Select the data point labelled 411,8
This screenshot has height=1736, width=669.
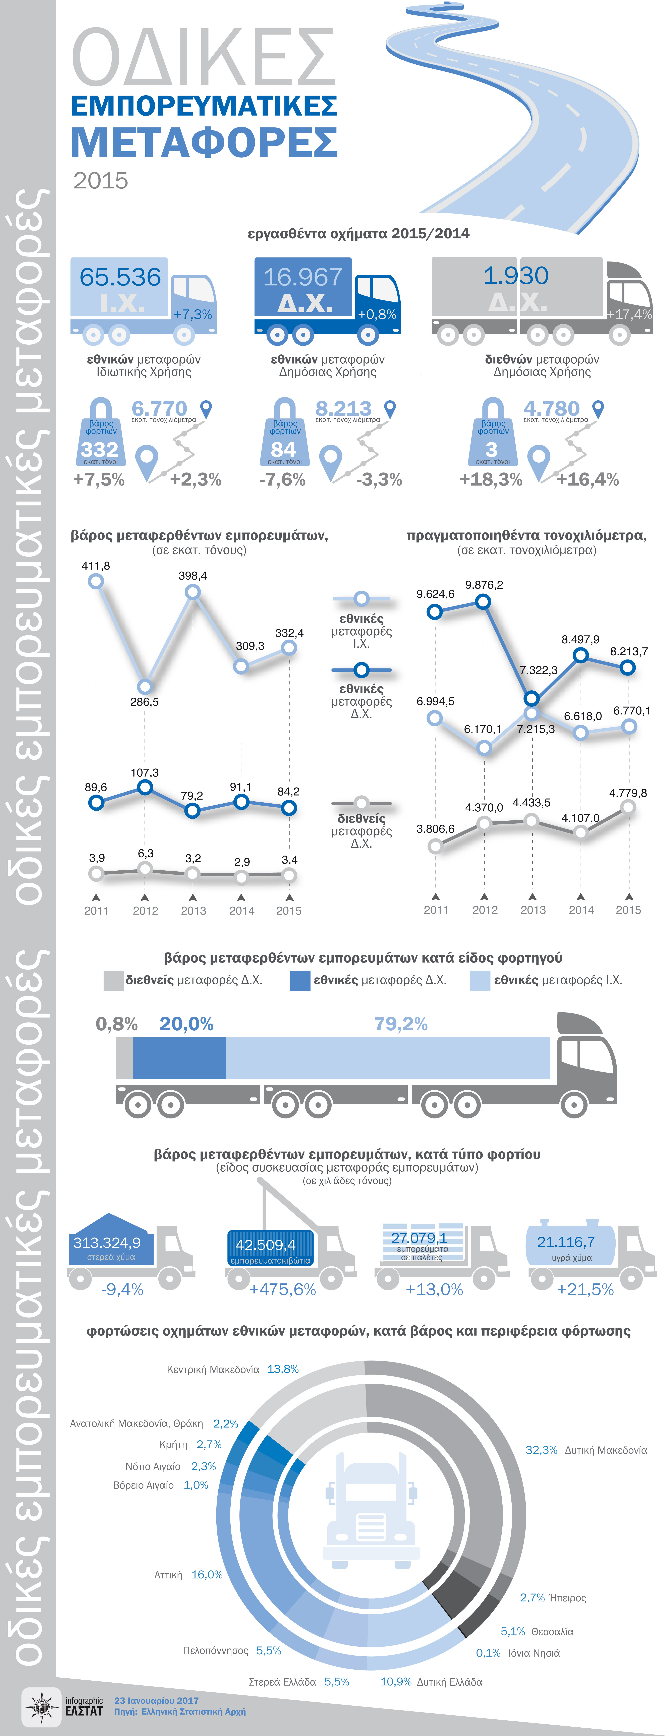96,581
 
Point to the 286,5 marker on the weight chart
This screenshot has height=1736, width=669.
145,687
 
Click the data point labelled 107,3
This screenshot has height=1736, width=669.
145,787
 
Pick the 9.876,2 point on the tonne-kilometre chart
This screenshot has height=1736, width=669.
483,601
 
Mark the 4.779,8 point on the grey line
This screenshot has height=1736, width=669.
628,807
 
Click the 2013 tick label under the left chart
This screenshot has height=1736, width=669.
193,911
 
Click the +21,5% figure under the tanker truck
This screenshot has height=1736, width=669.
585,1289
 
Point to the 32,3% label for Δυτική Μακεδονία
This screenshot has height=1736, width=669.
541,1450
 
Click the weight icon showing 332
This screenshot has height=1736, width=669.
100,435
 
